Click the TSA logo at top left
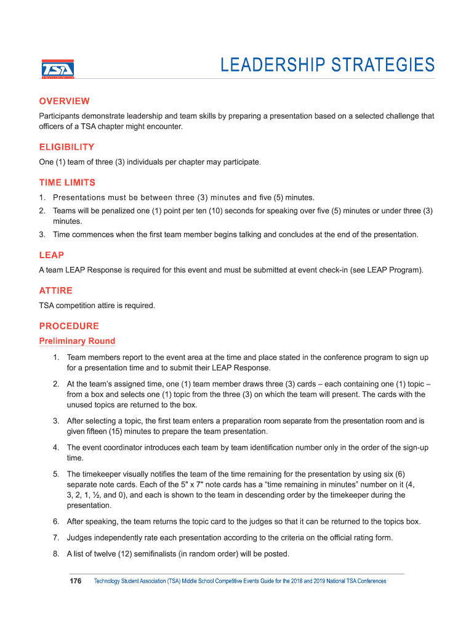point(57,69)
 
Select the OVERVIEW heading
point(64,101)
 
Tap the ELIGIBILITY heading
point(66,147)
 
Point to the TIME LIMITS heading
point(67,183)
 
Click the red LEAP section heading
point(51,255)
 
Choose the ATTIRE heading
point(55,291)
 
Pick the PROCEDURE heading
point(69,326)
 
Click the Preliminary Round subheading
point(77,341)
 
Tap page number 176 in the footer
point(76,581)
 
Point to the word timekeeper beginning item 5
point(103,474)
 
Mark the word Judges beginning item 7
point(80,538)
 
